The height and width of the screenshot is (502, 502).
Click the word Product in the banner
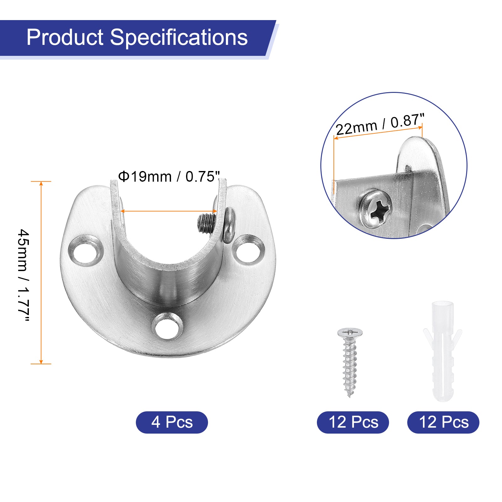click(65, 37)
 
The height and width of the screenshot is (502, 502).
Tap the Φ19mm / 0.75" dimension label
click(169, 177)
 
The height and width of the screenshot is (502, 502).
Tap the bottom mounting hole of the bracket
click(168, 327)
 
